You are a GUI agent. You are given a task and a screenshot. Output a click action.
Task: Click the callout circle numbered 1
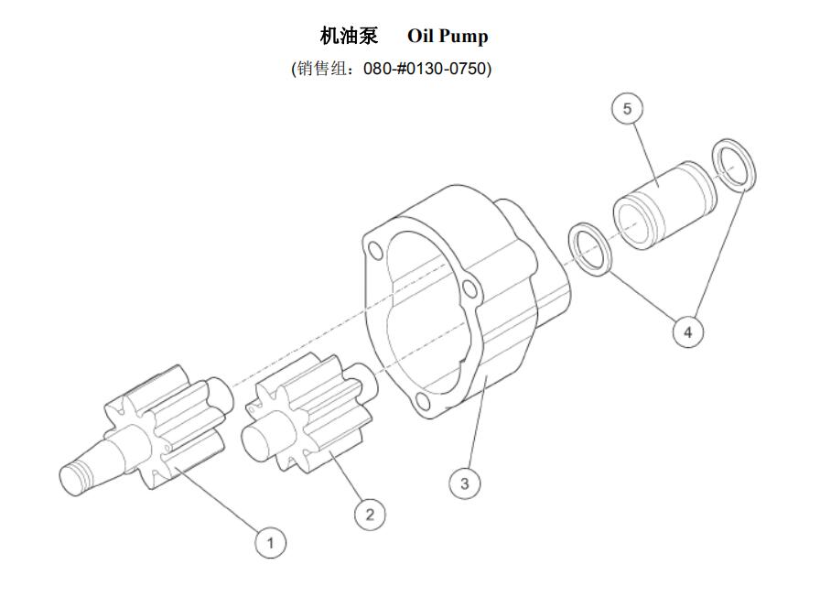coord(270,542)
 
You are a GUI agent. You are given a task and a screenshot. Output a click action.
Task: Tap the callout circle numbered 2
coord(370,514)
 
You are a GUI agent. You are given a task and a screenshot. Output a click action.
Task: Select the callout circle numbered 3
coord(465,483)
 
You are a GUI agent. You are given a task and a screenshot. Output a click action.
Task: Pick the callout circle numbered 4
coord(688,331)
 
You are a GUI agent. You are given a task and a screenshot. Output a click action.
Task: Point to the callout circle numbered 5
coord(627,109)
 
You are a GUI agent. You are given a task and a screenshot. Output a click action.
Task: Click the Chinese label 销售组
coord(320,69)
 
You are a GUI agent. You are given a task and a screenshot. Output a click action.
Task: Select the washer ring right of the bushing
coord(734,165)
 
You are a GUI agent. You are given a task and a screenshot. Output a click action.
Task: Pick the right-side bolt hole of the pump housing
coord(470,290)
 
